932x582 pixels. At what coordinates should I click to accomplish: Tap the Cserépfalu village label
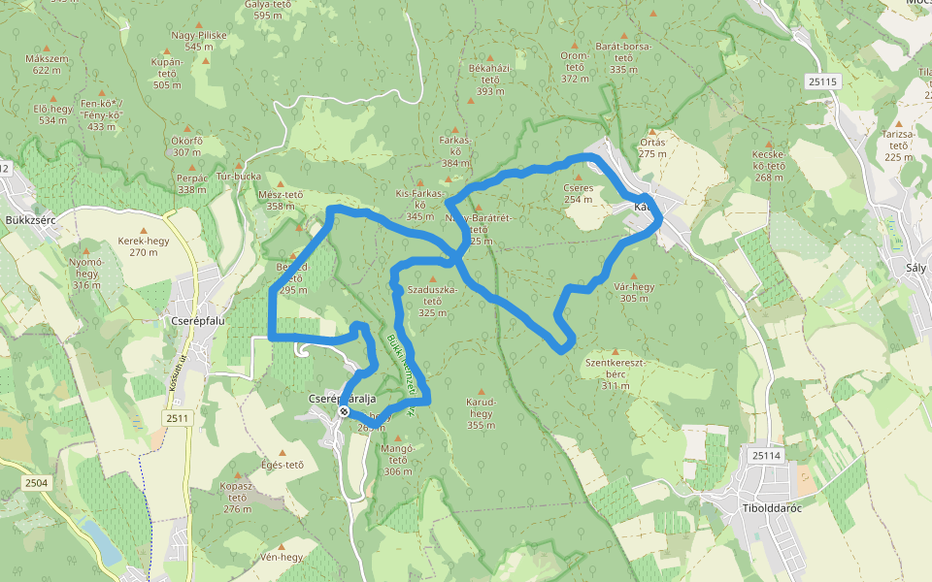198,320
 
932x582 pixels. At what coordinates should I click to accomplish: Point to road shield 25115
821,82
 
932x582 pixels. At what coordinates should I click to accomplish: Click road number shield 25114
765,455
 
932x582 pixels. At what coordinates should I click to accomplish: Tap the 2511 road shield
178,418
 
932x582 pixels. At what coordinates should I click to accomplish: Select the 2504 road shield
37,482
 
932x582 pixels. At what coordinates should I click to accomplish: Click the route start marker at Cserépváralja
344,412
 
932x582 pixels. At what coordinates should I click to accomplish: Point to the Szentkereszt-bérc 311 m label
615,373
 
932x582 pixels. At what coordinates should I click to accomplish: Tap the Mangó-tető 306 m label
398,460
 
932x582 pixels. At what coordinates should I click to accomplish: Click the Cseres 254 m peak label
578,193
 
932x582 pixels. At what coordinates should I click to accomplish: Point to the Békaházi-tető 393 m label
489,80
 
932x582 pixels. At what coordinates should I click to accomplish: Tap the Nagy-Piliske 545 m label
198,41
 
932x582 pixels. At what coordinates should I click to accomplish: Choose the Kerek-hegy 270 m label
143,246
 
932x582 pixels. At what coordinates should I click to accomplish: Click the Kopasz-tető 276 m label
237,496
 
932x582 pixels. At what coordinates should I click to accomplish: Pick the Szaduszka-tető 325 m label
432,301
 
